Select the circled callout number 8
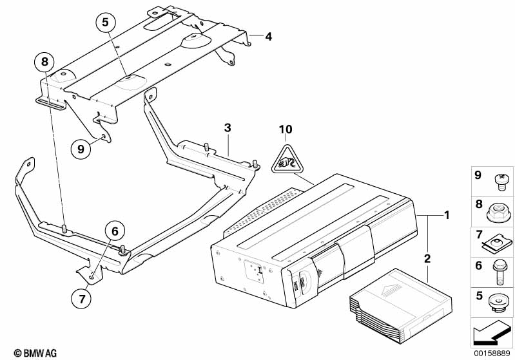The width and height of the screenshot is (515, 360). [x=44, y=62]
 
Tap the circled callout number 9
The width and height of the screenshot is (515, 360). [x=81, y=149]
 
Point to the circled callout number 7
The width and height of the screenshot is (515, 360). [x=82, y=299]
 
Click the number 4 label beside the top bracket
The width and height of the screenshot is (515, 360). [x=268, y=37]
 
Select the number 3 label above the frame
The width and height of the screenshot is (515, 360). [x=227, y=128]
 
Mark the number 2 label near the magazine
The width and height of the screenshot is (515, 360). [x=426, y=259]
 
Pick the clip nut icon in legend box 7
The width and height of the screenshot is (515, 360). [x=497, y=242]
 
